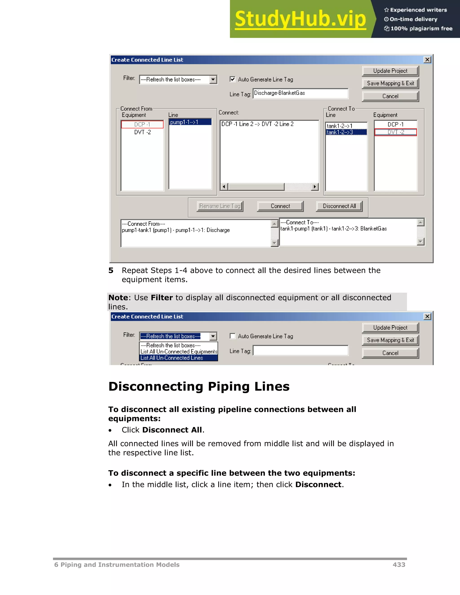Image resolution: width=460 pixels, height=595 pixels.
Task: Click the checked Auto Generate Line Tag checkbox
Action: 232,79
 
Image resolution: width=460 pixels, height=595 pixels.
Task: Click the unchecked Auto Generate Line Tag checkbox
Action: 232,336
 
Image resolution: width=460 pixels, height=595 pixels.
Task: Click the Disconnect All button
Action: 339,206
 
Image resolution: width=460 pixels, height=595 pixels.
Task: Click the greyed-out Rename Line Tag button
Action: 220,206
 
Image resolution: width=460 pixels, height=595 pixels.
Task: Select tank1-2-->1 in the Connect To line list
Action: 340,126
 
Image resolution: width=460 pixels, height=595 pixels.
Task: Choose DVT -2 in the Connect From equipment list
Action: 142,132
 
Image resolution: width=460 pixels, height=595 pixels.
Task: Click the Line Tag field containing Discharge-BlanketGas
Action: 300,93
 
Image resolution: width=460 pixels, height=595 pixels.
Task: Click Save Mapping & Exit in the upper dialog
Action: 390,83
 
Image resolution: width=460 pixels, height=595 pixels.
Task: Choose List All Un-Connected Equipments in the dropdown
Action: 179,352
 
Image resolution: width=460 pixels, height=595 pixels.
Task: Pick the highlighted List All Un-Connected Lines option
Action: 172,358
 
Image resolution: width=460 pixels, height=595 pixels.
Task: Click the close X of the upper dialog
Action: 427,60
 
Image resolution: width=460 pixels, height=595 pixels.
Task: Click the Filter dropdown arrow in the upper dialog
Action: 213,79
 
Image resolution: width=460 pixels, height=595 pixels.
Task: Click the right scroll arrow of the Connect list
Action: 315,187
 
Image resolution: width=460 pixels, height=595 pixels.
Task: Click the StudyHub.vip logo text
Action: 300,19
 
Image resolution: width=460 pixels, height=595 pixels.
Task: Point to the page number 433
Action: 399,565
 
